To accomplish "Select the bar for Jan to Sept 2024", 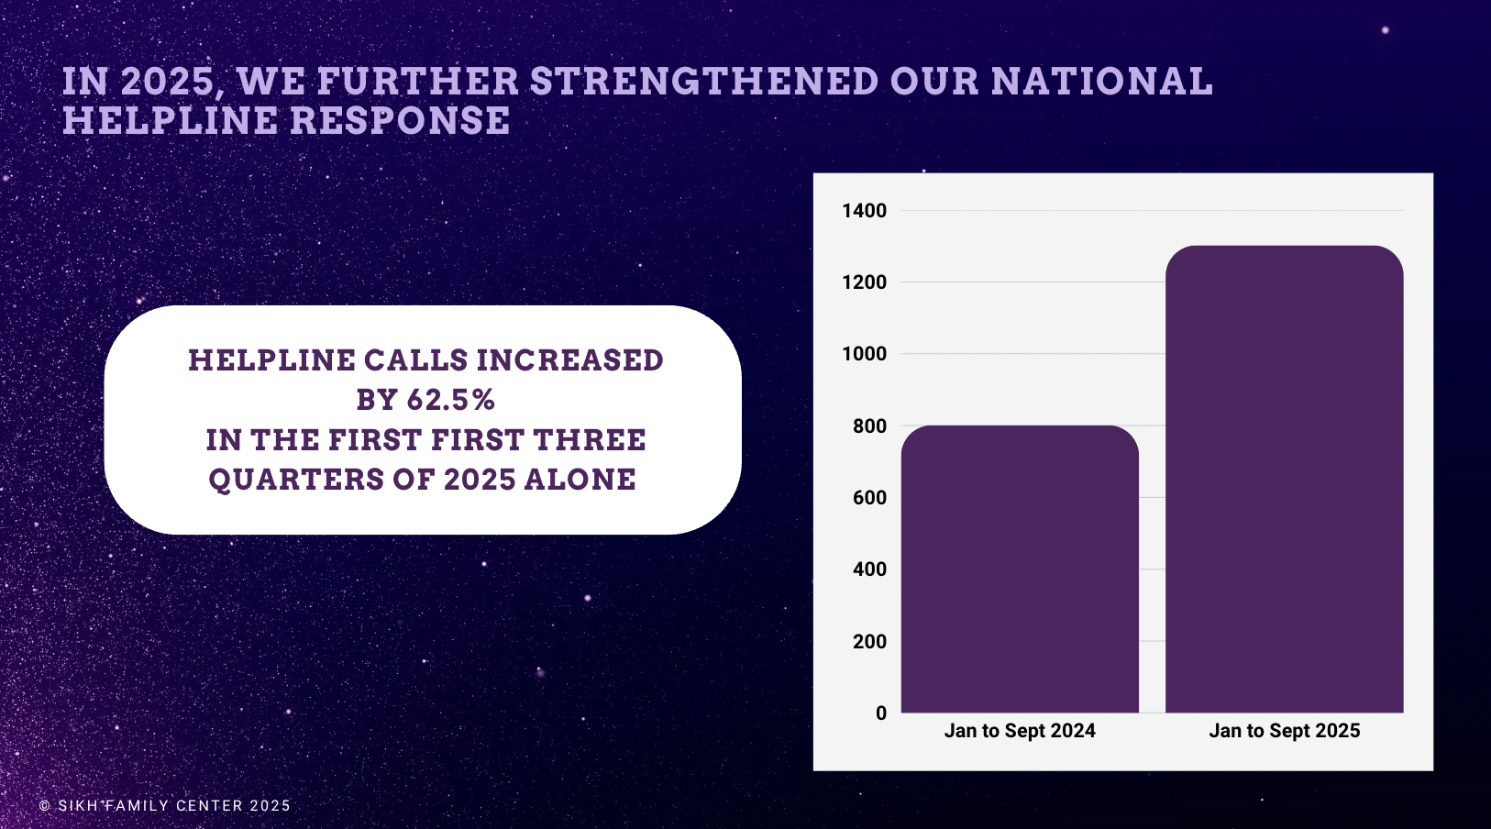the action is (x=1020, y=569).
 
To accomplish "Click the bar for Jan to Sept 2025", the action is (x=1284, y=480).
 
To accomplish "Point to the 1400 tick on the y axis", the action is (x=864, y=211).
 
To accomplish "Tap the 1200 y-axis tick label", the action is (x=864, y=282).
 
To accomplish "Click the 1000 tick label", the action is (x=864, y=354).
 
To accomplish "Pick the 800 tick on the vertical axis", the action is (x=869, y=426).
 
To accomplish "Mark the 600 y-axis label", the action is (x=869, y=498).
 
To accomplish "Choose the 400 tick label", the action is (x=869, y=569).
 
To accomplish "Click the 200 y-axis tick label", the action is (x=869, y=642).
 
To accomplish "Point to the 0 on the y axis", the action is (x=881, y=713).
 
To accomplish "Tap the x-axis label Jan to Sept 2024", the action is (x=1020, y=731).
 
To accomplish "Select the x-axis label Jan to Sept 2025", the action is (x=1284, y=731).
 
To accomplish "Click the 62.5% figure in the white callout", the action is (x=450, y=400).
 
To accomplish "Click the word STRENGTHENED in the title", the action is (x=704, y=82).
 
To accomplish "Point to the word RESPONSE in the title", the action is (x=400, y=120).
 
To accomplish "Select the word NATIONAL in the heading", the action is (x=1101, y=82).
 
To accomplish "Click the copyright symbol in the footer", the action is (x=45, y=806).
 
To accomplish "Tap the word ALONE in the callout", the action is (x=580, y=481).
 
